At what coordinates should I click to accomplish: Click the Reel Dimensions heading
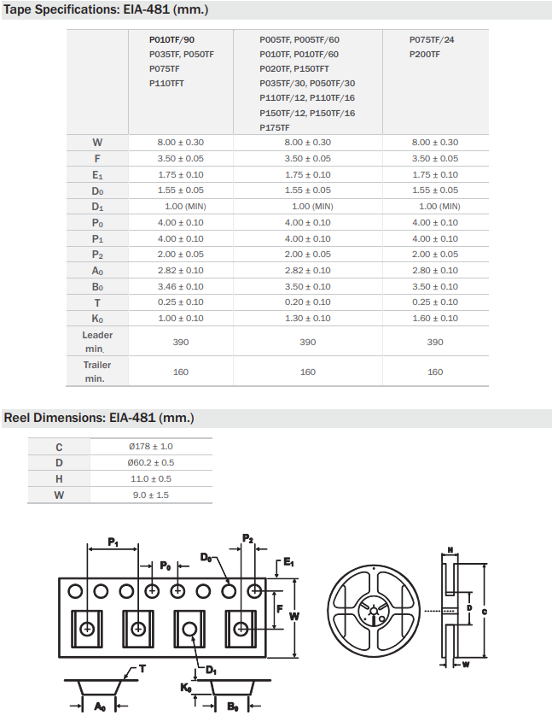[99, 418]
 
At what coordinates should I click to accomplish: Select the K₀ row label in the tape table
[97, 319]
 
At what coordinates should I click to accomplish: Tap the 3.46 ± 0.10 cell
[181, 287]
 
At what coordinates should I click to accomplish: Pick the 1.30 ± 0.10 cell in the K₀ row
[307, 319]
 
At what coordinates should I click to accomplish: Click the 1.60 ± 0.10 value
[435, 319]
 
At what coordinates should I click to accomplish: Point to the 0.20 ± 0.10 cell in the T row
[307, 302]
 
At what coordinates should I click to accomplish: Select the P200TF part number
[425, 54]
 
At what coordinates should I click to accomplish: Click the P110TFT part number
[166, 83]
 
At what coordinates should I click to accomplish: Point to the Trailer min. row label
[97, 372]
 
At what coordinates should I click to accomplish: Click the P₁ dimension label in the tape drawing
[113, 542]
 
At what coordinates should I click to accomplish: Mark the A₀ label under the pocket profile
[99, 706]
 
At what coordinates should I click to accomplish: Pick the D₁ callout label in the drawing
[211, 670]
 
